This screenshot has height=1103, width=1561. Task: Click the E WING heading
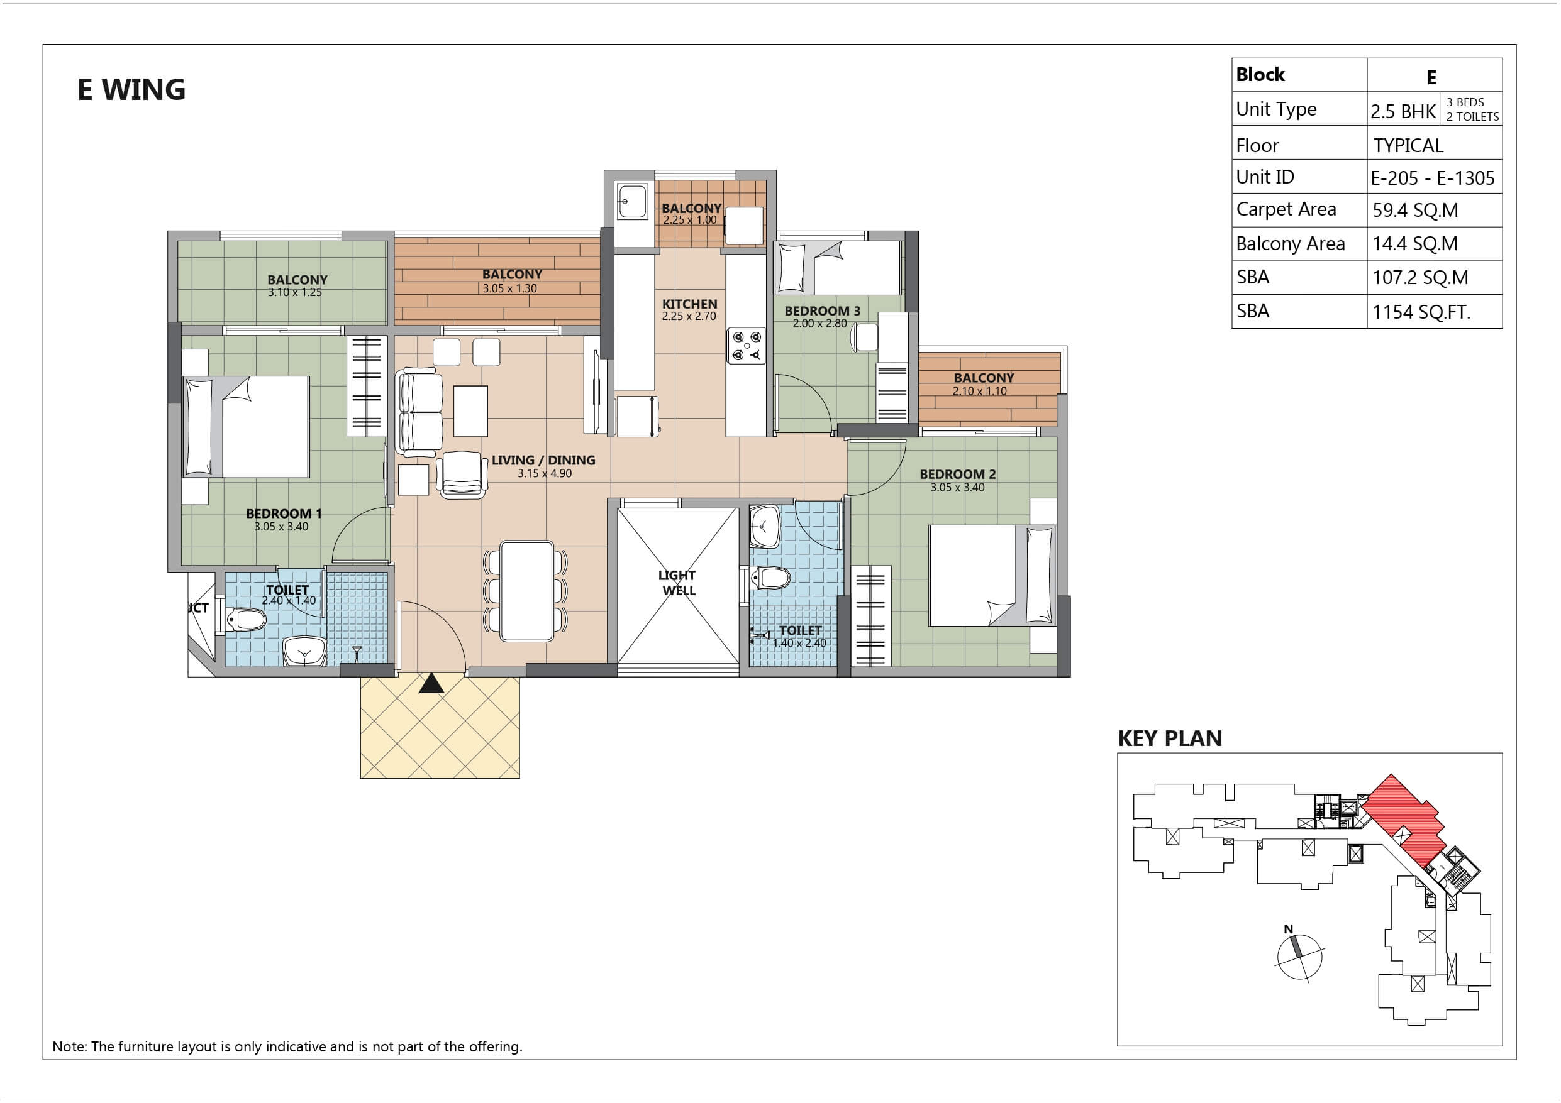click(131, 90)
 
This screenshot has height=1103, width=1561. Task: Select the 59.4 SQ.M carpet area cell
click(1415, 210)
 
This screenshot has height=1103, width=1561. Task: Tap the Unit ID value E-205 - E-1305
click(1433, 178)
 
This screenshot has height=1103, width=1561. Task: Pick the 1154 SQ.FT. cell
click(1421, 312)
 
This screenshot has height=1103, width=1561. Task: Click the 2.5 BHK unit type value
click(1403, 111)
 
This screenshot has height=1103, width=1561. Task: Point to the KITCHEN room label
click(689, 304)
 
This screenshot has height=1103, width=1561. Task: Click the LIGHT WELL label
click(678, 583)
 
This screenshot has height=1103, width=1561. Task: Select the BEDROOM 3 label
click(822, 310)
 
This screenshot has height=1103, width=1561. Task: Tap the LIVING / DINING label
click(543, 460)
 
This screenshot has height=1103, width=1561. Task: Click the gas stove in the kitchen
click(747, 345)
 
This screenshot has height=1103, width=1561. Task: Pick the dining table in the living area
click(526, 591)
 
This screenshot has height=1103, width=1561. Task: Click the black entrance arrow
click(431, 683)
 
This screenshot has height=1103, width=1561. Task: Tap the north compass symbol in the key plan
click(1299, 955)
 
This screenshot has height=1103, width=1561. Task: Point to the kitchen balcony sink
click(631, 201)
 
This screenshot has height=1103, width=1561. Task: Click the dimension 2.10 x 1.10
click(979, 391)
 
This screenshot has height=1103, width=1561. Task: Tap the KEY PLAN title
click(1169, 738)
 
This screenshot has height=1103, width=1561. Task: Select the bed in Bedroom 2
click(992, 576)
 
